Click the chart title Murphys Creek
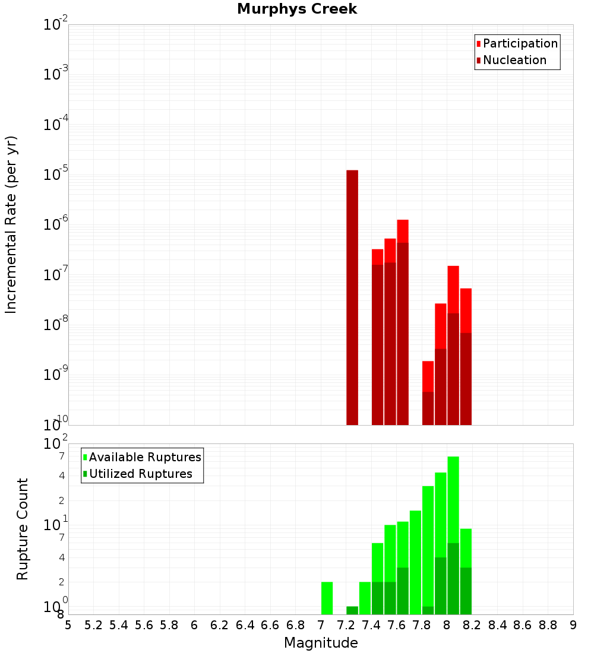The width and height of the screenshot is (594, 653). (297, 9)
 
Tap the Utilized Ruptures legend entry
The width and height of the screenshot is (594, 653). (140, 474)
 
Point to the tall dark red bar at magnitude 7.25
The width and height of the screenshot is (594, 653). (352, 297)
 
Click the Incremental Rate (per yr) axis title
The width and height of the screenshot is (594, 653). (11, 224)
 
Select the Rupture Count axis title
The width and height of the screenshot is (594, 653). (23, 528)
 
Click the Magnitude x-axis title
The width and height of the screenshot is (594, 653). (321, 643)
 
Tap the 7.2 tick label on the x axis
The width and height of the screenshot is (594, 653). (346, 625)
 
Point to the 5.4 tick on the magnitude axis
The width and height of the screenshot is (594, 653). (119, 625)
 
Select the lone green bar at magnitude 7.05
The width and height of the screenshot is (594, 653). (327, 598)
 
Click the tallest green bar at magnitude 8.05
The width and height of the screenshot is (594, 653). (453, 499)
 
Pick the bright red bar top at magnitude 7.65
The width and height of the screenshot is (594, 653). (403, 231)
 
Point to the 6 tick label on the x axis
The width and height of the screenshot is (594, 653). (194, 625)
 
